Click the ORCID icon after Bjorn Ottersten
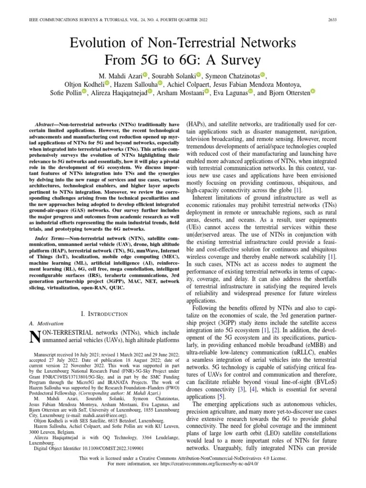point(313,92)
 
